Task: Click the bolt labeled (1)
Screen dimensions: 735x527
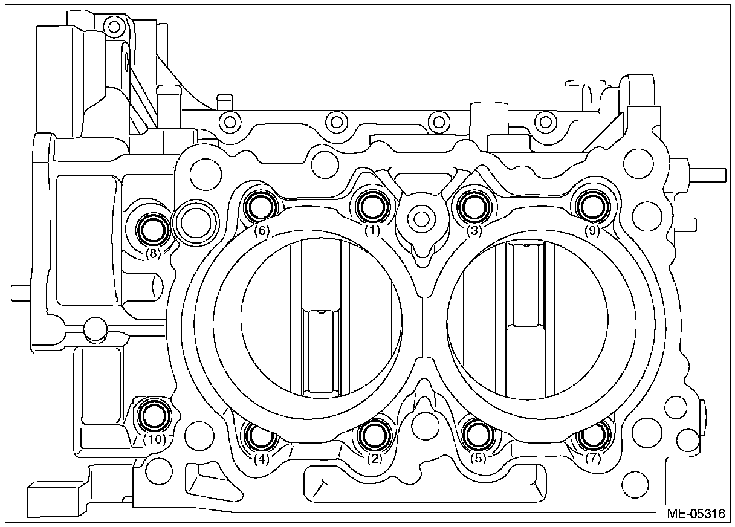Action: [371, 206]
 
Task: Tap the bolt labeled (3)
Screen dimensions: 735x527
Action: [474, 206]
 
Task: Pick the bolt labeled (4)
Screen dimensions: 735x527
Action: [261, 436]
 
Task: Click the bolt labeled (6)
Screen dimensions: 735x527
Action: [261, 207]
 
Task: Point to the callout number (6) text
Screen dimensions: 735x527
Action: [261, 231]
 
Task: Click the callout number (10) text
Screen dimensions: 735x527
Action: [156, 439]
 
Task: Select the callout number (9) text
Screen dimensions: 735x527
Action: [592, 231]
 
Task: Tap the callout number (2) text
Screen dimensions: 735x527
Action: [375, 459]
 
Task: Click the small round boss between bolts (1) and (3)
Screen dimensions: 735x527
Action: [421, 216]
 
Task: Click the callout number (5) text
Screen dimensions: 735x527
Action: [479, 459]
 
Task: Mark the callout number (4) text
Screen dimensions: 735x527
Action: [261, 459]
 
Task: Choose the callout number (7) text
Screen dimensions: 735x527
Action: [594, 459]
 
